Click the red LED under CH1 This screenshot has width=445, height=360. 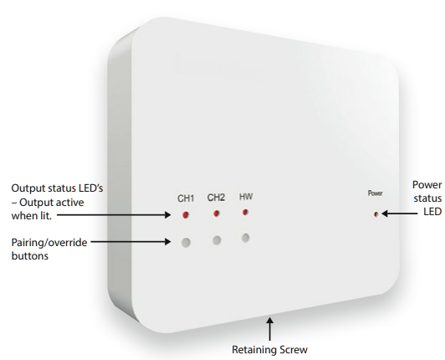click(x=186, y=215)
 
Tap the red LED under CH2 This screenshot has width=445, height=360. click(x=217, y=213)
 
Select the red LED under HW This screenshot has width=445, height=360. click(x=245, y=212)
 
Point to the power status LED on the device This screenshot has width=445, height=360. click(x=376, y=214)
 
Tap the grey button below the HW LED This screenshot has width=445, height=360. click(x=246, y=238)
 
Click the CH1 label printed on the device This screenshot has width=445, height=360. click(x=186, y=198)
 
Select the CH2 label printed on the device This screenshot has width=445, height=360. click(x=216, y=198)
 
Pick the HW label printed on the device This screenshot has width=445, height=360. click(x=246, y=197)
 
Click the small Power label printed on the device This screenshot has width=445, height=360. click(x=376, y=193)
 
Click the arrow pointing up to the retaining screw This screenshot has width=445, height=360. click(x=269, y=329)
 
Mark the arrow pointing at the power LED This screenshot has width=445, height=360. click(x=400, y=213)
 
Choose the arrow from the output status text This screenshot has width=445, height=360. click(x=114, y=215)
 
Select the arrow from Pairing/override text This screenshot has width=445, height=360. click(x=130, y=242)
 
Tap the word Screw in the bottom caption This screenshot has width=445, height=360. click(x=294, y=350)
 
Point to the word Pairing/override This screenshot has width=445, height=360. click(x=49, y=243)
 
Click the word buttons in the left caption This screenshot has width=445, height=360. click(x=30, y=255)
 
